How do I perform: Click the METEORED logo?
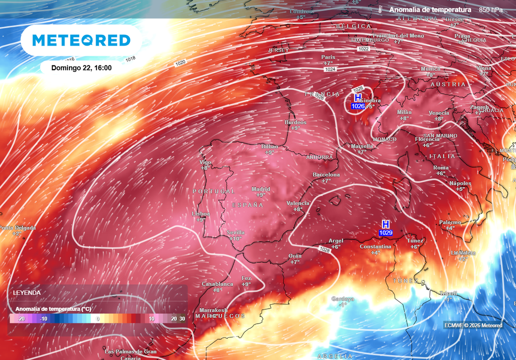pyautogui.click(x=81, y=40)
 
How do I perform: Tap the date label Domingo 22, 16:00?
pyautogui.click(x=81, y=68)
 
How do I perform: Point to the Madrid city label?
pyautogui.click(x=261, y=189)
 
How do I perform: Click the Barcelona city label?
pyautogui.click(x=326, y=174)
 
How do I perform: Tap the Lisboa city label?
pyautogui.click(x=201, y=214)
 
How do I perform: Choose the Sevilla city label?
pyautogui.click(x=236, y=232)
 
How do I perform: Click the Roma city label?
pyautogui.click(x=441, y=167)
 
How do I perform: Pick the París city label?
pyautogui.click(x=329, y=57)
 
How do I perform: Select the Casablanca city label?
pyautogui.click(x=217, y=284)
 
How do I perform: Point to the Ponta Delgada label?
pyautogui.click(x=18, y=228)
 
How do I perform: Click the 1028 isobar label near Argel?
pyautogui.click(x=325, y=250)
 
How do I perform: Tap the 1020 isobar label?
pyautogui.click(x=180, y=63)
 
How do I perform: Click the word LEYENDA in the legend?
pyautogui.click(x=27, y=292)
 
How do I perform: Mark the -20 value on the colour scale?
pyautogui.click(x=21, y=319)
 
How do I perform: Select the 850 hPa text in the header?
pyautogui.click(x=490, y=10)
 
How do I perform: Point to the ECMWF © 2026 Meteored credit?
pyautogui.click(x=473, y=325)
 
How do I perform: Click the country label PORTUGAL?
pyautogui.click(x=213, y=192)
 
